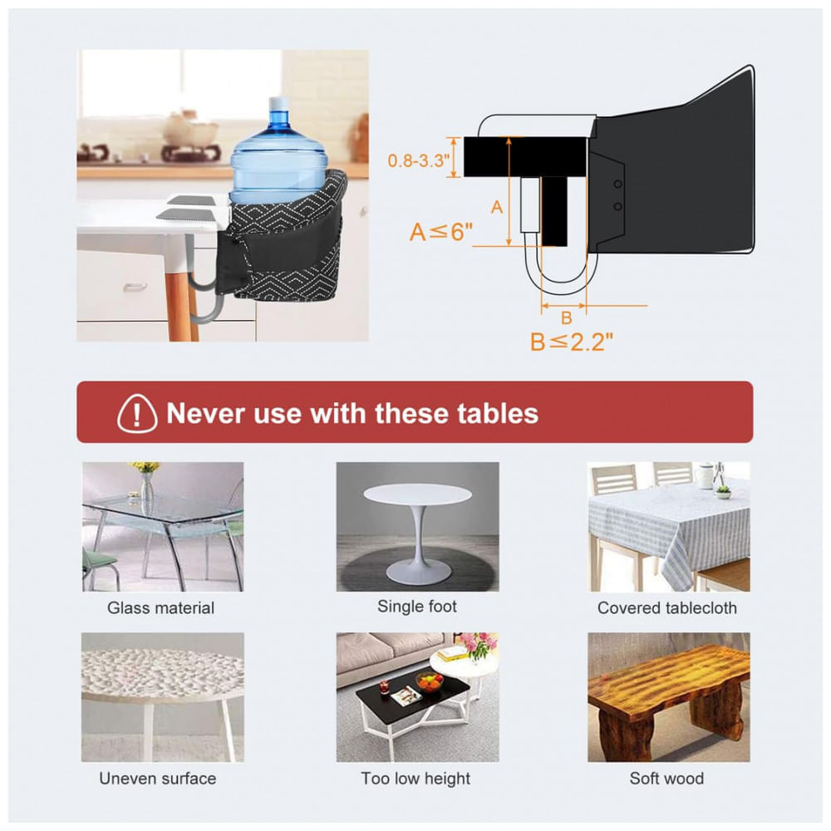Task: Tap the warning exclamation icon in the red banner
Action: (137, 413)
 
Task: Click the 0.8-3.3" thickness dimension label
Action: (419, 160)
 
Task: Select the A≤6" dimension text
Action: (441, 232)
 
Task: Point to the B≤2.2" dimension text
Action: (572, 342)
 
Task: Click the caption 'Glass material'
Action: (160, 607)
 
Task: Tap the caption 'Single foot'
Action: (417, 606)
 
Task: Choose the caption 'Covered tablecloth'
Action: (667, 607)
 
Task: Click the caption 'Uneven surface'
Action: (157, 778)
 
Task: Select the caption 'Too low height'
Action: (415, 778)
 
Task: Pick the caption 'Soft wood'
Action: (666, 778)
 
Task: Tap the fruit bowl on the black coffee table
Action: (430, 681)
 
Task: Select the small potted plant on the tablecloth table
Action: (723, 492)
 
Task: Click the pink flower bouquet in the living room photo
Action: (479, 645)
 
